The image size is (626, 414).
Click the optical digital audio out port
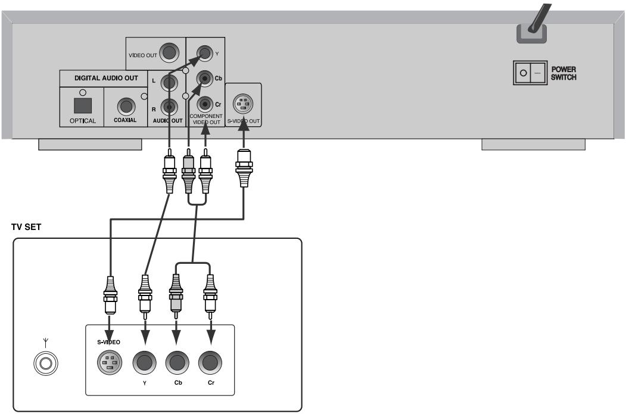click(83, 105)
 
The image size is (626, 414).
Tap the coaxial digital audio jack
click(126, 106)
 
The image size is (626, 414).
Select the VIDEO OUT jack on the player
click(169, 52)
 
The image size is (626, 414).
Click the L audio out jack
click(169, 83)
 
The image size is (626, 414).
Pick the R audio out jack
click(169, 107)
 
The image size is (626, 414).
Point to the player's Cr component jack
click(205, 105)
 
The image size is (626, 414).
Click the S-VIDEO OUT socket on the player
click(243, 104)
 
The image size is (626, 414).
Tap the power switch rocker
click(530, 73)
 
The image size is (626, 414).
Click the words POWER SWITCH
click(563, 73)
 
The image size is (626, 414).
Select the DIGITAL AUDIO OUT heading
click(106, 78)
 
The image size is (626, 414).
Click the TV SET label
click(26, 227)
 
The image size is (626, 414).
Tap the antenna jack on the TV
click(46, 363)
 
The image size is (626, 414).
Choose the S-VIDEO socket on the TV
click(110, 363)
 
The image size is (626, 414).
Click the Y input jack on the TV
click(145, 363)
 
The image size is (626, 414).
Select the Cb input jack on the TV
click(177, 363)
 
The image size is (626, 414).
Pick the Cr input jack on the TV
click(210, 363)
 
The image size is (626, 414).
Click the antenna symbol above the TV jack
click(46, 343)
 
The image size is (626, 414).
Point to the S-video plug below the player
click(244, 167)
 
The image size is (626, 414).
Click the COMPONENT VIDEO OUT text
click(206, 119)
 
